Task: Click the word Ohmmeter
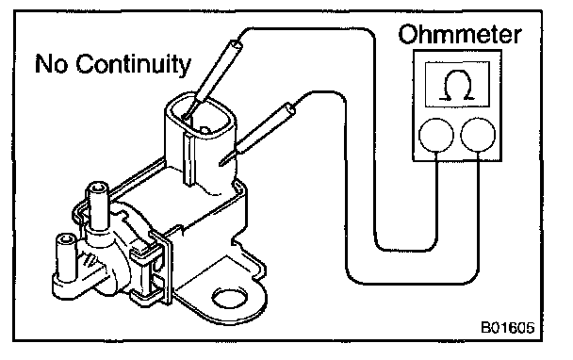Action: pos(460,35)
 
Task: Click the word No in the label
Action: pos(51,63)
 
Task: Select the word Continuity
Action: pos(134,65)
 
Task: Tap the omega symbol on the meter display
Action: pos(457,85)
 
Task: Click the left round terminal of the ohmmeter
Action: pos(436,135)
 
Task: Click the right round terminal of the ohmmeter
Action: pos(478,135)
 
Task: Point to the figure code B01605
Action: pos(508,327)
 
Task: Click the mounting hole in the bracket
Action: pos(230,298)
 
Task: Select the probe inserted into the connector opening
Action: pos(212,79)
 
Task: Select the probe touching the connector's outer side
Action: pos(256,134)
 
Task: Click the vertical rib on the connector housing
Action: pos(188,158)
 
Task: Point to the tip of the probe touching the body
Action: pos(221,164)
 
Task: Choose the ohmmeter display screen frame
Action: pos(457,85)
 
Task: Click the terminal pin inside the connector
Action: pos(205,129)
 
